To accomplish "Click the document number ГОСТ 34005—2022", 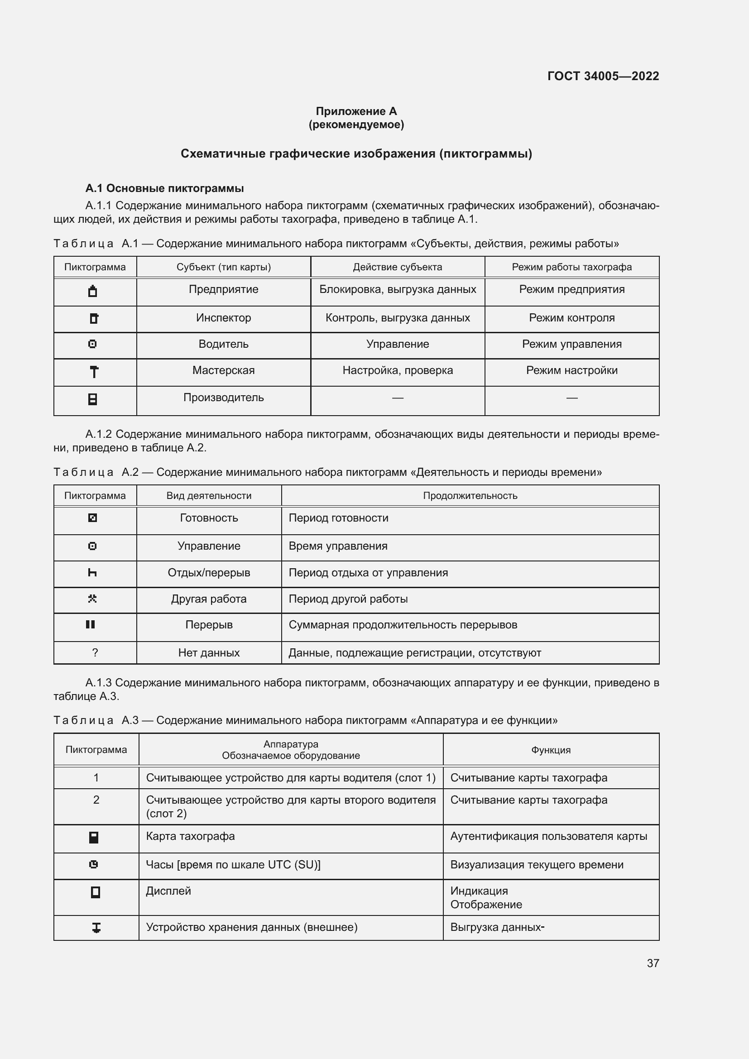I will pyautogui.click(x=603, y=76).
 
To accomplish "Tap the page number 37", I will pyautogui.click(x=653, y=963).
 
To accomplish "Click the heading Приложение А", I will pyautogui.click(x=356, y=111).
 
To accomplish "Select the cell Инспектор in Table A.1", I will pyautogui.click(x=223, y=318).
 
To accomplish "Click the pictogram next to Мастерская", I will pyautogui.click(x=94, y=372).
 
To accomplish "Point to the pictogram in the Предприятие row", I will pyautogui.click(x=93, y=291).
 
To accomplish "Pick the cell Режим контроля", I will pyautogui.click(x=571, y=318).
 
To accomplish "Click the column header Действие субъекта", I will pyautogui.click(x=397, y=267).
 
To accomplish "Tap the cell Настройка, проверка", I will pyautogui.click(x=397, y=370).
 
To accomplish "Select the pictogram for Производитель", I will pyautogui.click(x=93, y=399).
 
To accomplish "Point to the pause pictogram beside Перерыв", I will pyautogui.click(x=91, y=624).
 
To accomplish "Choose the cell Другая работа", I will pyautogui.click(x=208, y=599).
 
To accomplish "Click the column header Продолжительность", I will pyautogui.click(x=470, y=496).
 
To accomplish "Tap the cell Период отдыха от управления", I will pyautogui.click(x=368, y=573).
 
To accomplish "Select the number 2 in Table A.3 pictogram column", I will pyautogui.click(x=96, y=800).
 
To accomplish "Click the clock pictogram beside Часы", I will pyautogui.click(x=94, y=864).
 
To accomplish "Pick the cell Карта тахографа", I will pyautogui.click(x=190, y=836).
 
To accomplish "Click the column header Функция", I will pyautogui.click(x=551, y=750).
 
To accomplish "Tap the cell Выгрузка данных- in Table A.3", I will pyautogui.click(x=497, y=927).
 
